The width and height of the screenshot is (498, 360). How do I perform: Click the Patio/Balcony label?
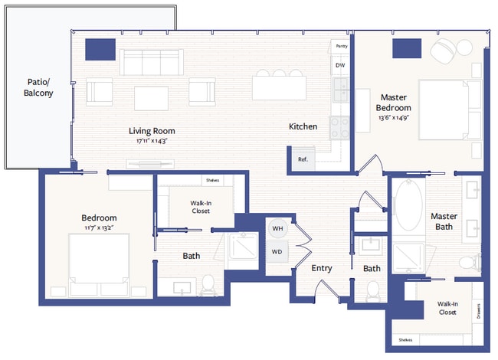pos(38,87)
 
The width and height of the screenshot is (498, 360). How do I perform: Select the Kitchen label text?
pos(303,126)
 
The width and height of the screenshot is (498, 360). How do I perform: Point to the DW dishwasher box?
pos(339,66)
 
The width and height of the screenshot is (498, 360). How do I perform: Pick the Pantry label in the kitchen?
pos(341,46)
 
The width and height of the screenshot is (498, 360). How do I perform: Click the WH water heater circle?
pos(277,228)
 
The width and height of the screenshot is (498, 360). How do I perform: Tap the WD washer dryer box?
pos(277,252)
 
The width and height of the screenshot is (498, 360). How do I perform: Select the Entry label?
pos(321,268)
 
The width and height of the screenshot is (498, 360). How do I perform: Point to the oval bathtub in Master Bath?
pos(408,207)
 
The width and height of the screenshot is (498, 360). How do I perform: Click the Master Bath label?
pos(444,221)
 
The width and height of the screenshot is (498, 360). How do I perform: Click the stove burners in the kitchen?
pos(339,126)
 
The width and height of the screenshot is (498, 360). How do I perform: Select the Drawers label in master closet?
pos(477,310)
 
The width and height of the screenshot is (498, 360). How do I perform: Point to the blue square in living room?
pos(99,48)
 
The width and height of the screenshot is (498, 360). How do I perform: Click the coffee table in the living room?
pos(151,97)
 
